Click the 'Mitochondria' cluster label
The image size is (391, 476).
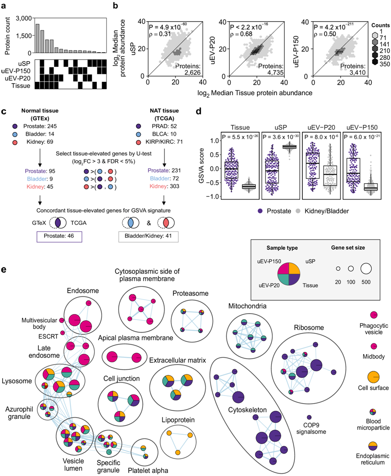click(x=247, y=307)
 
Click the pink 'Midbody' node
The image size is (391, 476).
click(x=373, y=347)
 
